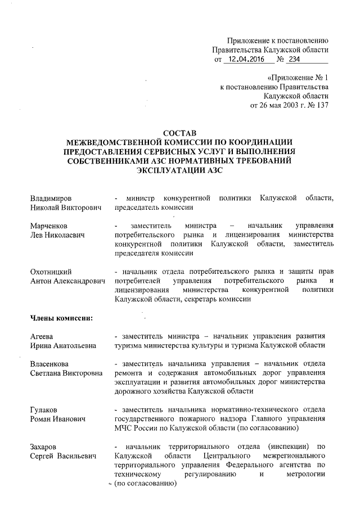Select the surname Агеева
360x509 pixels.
43,336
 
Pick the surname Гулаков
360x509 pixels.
46,409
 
